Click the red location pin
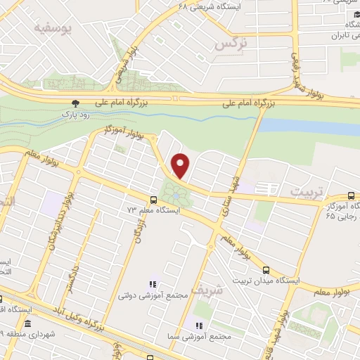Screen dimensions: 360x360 pos(181,165)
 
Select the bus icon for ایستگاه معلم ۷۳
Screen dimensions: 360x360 pos(154,199)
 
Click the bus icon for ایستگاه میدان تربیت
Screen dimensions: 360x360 pos(266,269)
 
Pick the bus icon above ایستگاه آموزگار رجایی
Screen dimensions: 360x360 pos(351,196)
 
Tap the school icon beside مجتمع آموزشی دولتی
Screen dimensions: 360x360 pos(152,284)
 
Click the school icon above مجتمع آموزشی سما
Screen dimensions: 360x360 pos(198,326)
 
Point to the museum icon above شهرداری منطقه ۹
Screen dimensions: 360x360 pos(27,324)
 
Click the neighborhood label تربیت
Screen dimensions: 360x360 pos(309,192)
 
